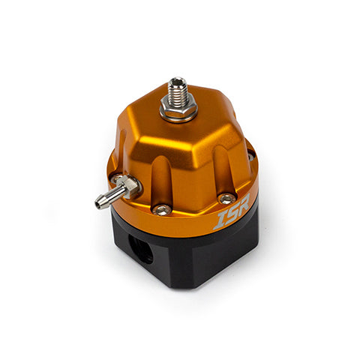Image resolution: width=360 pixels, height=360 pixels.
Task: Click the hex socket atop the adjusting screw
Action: coord(177,81)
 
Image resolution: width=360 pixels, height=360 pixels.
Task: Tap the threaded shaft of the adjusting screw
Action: coord(178,91)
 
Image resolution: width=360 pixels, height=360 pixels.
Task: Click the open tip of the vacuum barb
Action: coord(98,205)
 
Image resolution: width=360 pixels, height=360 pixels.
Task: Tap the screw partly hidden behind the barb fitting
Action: coord(115,178)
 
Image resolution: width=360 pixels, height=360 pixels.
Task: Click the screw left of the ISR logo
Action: coord(227,199)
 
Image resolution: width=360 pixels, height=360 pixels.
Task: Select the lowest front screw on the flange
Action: coord(162,210)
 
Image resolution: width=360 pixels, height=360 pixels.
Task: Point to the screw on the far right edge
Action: coord(250,156)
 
